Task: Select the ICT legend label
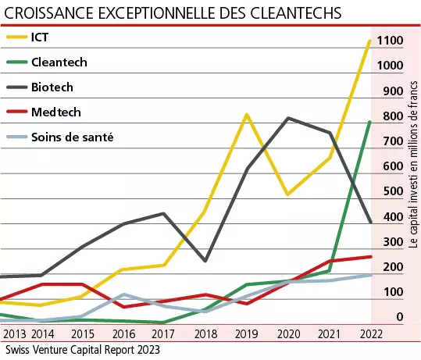pyautogui.click(x=41, y=37)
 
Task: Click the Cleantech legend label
pyautogui.click(x=59, y=62)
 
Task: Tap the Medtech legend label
pyautogui.click(x=55, y=112)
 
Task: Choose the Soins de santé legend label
pyautogui.click(x=73, y=137)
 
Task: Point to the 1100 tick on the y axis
pyautogui.click(x=387, y=41)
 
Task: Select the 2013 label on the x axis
pyautogui.click(x=14, y=335)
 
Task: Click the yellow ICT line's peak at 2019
pyautogui.click(x=246, y=115)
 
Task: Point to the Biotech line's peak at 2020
pyautogui.click(x=288, y=118)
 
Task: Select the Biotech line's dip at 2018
pyautogui.click(x=205, y=261)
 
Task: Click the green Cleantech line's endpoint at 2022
pyautogui.click(x=370, y=122)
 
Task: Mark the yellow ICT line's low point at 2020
pyautogui.click(x=287, y=194)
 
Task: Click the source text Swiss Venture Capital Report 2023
pyautogui.click(x=81, y=351)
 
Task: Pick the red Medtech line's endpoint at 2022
pyautogui.click(x=370, y=256)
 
